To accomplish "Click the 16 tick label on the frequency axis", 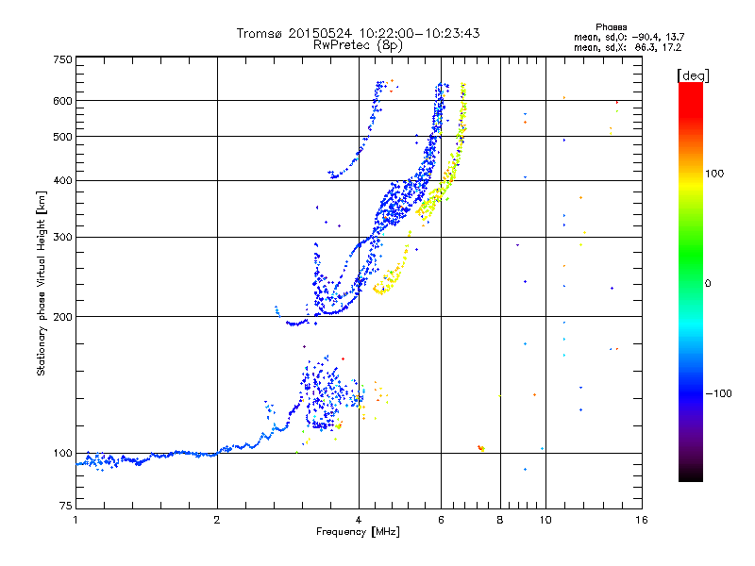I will [640, 520].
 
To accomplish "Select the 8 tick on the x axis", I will [499, 520].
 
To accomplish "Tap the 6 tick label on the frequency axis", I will [441, 520].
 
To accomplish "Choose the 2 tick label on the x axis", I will [217, 520].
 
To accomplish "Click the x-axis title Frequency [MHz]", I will [358, 532].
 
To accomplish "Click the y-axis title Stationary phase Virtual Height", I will [42, 283].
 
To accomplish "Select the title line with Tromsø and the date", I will [358, 33].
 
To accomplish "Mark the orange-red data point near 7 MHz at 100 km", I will [481, 448].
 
